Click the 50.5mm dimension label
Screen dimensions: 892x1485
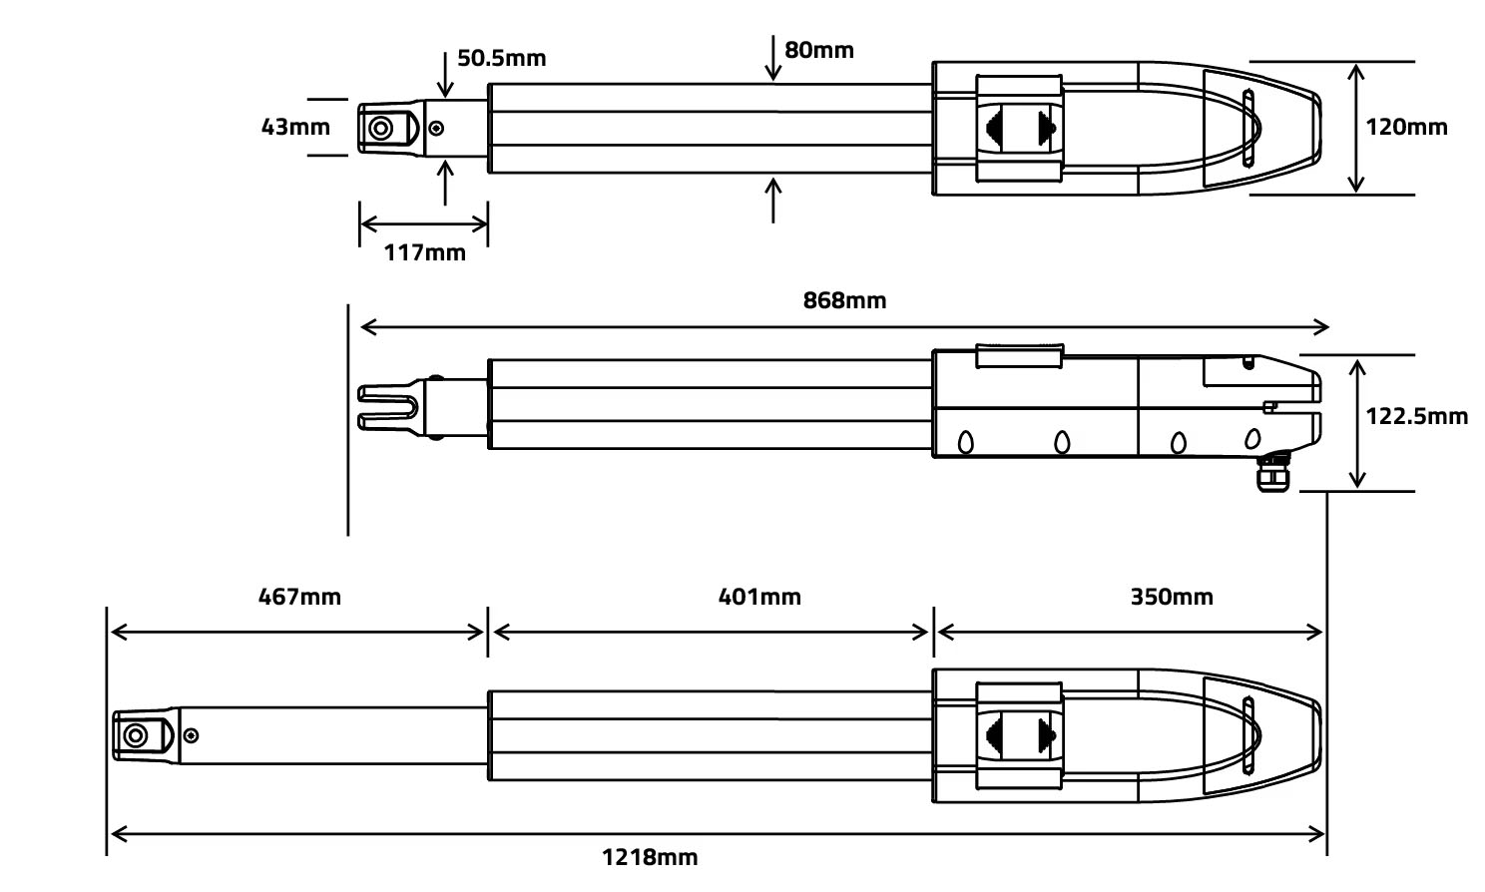click(501, 58)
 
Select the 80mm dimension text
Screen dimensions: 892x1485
click(818, 50)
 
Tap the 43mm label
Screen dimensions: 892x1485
click(294, 127)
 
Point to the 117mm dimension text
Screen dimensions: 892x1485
click(424, 252)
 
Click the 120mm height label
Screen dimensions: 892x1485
click(1406, 127)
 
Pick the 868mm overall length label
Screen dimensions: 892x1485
click(844, 300)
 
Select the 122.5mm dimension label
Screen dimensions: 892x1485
click(1416, 416)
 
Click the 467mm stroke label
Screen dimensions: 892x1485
click(299, 597)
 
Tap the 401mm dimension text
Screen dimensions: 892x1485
click(759, 597)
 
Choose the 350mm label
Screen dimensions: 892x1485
click(1172, 597)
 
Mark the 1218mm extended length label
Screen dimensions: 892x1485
click(650, 857)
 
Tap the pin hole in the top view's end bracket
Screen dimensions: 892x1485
click(380, 129)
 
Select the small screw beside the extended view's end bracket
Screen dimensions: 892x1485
click(191, 736)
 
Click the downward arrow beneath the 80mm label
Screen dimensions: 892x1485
click(773, 58)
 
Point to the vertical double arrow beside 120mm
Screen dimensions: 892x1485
click(1354, 127)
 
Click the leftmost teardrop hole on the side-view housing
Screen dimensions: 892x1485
click(965, 441)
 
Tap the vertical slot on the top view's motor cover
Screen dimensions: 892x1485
click(1246, 128)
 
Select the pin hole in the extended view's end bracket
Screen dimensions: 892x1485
click(134, 736)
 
